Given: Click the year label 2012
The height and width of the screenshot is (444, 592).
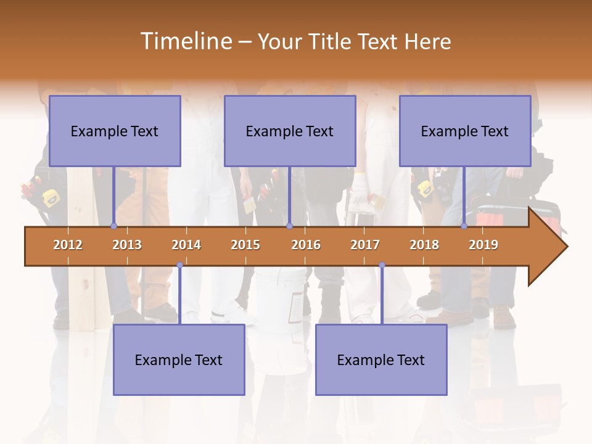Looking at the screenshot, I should [68, 245].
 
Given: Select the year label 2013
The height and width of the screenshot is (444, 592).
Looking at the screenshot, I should [127, 245].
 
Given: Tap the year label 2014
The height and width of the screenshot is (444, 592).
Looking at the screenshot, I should [186, 245].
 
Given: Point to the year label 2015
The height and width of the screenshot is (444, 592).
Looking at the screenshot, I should [245, 245].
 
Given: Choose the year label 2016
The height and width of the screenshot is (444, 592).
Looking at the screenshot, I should [306, 245].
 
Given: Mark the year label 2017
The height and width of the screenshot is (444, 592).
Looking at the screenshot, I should [365, 245].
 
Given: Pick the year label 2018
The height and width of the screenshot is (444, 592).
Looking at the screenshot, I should [424, 245].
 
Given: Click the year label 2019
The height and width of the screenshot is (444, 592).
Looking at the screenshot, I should [483, 245].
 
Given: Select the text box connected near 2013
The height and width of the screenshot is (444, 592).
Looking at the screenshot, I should [115, 131].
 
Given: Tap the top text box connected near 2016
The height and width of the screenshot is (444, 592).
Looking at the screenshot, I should [290, 131].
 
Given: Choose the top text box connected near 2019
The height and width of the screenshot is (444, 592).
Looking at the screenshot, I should [465, 131].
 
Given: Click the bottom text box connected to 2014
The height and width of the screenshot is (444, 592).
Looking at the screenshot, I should [179, 360].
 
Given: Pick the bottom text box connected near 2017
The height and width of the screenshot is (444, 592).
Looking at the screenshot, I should [381, 360].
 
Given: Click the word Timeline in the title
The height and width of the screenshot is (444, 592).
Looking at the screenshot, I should [185, 41].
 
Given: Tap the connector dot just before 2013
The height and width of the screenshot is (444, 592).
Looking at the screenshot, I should [113, 226].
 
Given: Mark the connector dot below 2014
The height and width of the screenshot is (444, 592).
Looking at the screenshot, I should [179, 265].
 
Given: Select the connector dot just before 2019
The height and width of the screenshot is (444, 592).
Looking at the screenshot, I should [464, 226].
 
